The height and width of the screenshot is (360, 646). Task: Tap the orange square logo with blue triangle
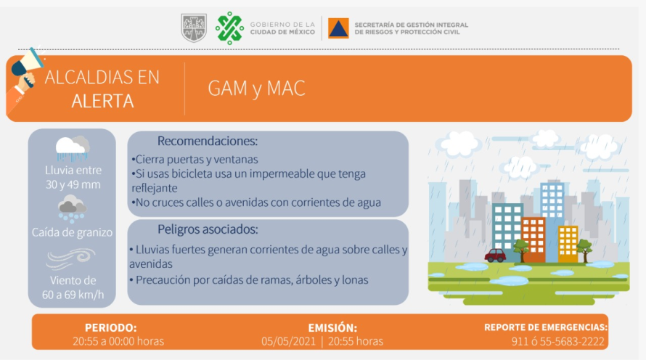click(x=338, y=28)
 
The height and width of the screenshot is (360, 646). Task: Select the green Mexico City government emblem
click(x=229, y=28)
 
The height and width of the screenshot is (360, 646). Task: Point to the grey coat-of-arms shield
click(x=194, y=28)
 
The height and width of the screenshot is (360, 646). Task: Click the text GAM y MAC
click(x=256, y=88)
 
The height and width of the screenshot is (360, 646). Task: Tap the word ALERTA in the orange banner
click(x=102, y=101)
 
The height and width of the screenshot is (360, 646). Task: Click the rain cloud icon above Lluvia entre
click(x=73, y=148)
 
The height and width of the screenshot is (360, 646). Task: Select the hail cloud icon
click(x=72, y=209)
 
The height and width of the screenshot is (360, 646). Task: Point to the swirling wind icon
click(x=71, y=258)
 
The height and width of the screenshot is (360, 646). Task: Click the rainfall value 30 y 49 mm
click(x=73, y=184)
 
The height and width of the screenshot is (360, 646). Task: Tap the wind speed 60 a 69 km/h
click(x=73, y=295)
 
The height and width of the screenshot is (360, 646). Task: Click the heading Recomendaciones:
click(x=208, y=142)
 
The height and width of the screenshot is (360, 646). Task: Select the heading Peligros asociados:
click(x=208, y=229)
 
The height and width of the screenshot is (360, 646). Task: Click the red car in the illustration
click(x=495, y=255)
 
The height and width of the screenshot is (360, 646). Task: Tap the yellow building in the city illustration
click(x=568, y=244)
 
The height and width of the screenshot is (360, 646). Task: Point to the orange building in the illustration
click(x=533, y=240)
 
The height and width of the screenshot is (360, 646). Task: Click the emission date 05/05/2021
click(x=288, y=341)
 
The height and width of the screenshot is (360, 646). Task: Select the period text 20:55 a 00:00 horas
click(x=118, y=341)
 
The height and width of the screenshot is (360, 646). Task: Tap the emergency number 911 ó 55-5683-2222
click(x=558, y=341)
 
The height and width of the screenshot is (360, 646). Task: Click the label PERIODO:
click(x=111, y=328)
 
